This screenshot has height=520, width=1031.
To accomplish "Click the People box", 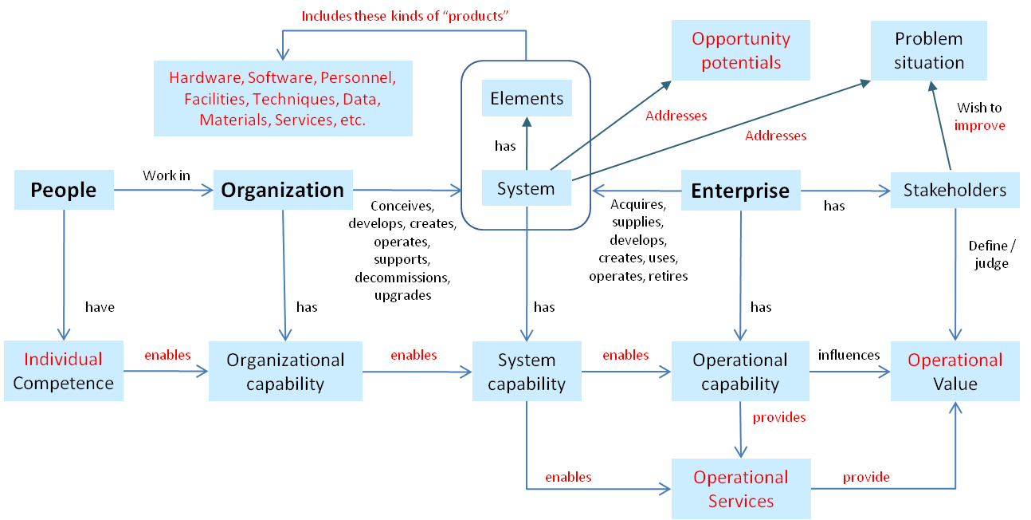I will click(x=64, y=191).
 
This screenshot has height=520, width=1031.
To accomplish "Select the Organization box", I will click(x=282, y=191).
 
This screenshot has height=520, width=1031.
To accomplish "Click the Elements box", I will click(x=527, y=99).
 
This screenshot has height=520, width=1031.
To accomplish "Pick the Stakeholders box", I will click(x=955, y=191).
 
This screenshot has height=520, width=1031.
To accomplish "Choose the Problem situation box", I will click(x=928, y=50).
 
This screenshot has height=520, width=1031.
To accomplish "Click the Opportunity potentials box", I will click(x=741, y=50).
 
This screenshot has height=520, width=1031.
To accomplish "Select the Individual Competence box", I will click(x=64, y=371).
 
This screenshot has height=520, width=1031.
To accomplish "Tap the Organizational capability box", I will click(x=285, y=372).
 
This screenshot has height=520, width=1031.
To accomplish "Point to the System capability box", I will click(x=527, y=372).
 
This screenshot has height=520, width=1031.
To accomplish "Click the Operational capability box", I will click(x=740, y=372).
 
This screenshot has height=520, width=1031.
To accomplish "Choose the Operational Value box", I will click(x=955, y=372).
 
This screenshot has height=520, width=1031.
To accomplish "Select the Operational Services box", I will click(x=741, y=489).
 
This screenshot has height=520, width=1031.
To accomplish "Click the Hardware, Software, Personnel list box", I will click(x=283, y=98).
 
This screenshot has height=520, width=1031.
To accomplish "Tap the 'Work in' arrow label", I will click(x=167, y=175).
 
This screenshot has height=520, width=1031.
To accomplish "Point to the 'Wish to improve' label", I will click(x=980, y=116).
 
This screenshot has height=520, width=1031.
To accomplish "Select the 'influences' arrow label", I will click(x=849, y=354).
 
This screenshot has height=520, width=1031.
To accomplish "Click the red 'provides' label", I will click(x=779, y=417).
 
